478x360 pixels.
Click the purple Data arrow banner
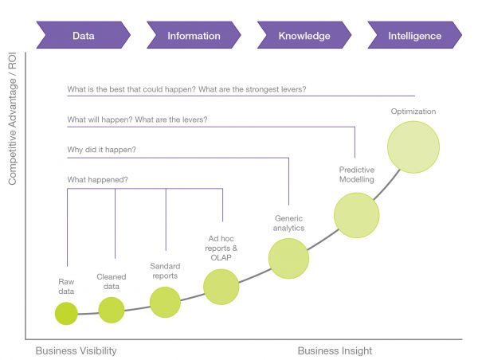pos(83,35)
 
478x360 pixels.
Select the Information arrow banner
pos(194,35)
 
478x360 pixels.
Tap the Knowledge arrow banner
pos(304,35)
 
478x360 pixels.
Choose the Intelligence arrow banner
pos(414,35)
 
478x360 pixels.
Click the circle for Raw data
pos(66,313)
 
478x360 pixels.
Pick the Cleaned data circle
pos(112,310)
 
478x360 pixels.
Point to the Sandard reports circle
pos(165,302)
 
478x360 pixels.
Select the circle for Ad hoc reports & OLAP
pos(221,287)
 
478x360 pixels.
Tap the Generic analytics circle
pos(288,258)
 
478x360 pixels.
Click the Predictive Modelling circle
pos(356,215)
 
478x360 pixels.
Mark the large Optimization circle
pos(413,147)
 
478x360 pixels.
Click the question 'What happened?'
pos(97,179)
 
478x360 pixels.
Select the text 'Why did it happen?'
pos(101,150)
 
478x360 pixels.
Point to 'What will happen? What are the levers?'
pos(137,119)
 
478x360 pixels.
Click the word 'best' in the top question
pos(117,89)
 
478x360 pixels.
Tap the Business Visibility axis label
pos(76,351)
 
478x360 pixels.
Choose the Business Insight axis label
pos(335,351)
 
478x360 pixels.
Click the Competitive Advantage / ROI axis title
pos(12,119)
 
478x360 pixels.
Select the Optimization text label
pos(413,112)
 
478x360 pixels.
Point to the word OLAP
pos(221,257)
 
